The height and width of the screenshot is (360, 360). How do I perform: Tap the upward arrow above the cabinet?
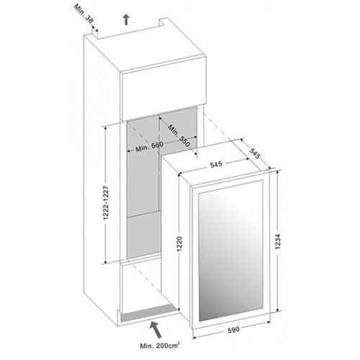127,19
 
